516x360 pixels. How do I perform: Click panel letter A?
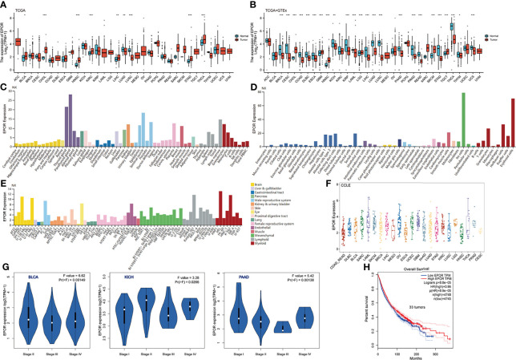pos(4,4)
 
